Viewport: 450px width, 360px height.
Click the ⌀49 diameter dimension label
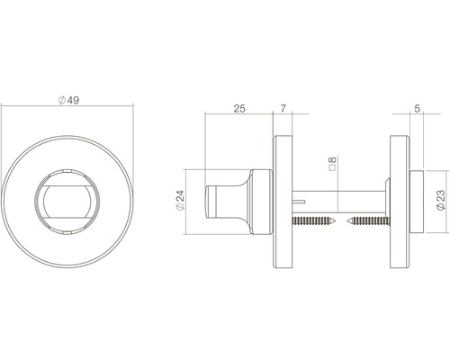click(x=68, y=100)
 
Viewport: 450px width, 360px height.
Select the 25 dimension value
click(x=239, y=108)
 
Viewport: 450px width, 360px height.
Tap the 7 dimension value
click(x=283, y=108)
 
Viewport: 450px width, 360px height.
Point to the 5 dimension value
click(x=418, y=109)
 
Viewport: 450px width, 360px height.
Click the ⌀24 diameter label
click(x=180, y=200)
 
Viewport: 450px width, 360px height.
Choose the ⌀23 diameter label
click(x=441, y=200)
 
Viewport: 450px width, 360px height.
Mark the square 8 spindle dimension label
click(x=332, y=163)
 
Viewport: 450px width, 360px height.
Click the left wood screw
click(x=313, y=221)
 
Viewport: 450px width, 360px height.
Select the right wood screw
click(x=368, y=221)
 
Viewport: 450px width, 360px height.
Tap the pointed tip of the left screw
click(x=335, y=221)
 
